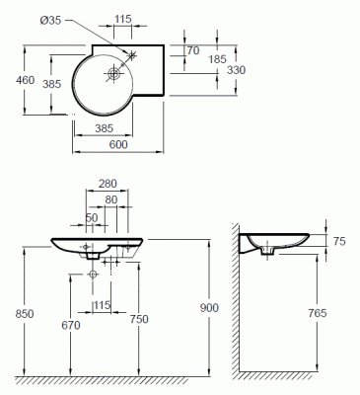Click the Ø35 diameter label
(x=50, y=21)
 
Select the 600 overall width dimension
(x=118, y=144)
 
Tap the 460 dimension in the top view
(x=25, y=80)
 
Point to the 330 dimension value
(x=236, y=70)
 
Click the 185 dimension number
(x=217, y=59)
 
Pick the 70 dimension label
(x=193, y=50)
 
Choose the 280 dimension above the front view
(x=108, y=184)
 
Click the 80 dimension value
(x=111, y=199)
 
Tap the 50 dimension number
(x=92, y=217)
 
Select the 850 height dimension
(x=25, y=314)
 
